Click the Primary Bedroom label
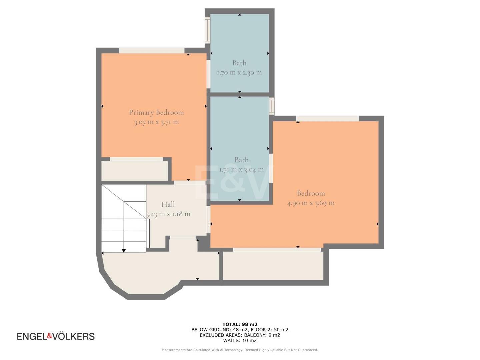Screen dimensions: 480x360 (156, 113)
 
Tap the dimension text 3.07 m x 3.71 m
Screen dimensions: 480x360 (156, 122)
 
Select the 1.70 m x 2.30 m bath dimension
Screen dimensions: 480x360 (239, 73)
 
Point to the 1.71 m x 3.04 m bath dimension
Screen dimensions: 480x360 (241, 169)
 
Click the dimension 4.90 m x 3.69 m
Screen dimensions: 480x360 (311, 203)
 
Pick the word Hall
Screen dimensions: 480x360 (168, 204)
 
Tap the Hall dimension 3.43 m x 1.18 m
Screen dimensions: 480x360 (168, 214)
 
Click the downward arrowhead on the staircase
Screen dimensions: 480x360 (124, 250)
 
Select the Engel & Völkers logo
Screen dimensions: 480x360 (56, 336)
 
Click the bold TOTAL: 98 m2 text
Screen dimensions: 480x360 (240, 324)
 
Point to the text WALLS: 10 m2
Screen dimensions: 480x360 (240, 340)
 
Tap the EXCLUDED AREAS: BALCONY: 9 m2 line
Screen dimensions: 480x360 (240, 335)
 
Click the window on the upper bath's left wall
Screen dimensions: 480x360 (208, 30)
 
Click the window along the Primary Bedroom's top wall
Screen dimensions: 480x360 (152, 50)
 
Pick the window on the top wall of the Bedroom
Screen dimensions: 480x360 (327, 118)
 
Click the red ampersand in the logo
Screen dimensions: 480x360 (50, 336)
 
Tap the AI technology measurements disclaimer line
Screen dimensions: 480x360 (240, 350)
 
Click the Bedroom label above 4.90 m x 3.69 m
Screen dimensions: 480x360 (311, 193)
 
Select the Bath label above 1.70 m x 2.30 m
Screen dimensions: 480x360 (239, 63)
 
